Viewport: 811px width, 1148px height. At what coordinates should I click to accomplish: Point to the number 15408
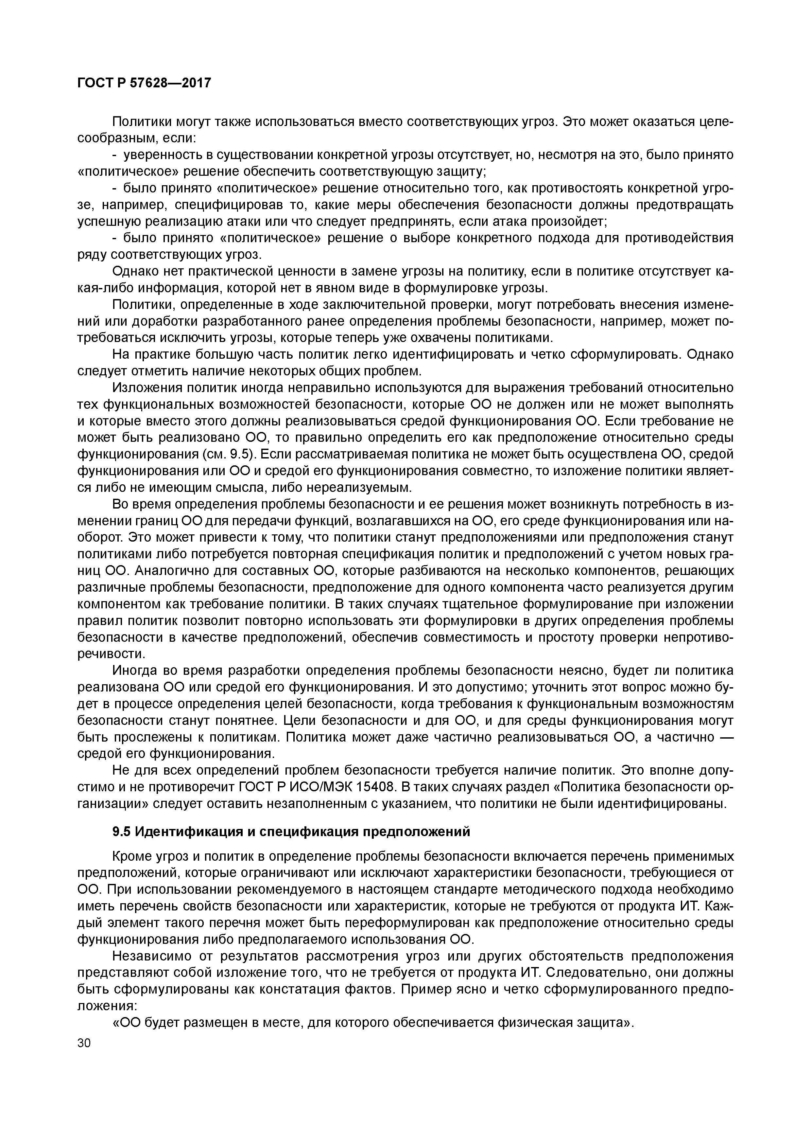378,787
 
